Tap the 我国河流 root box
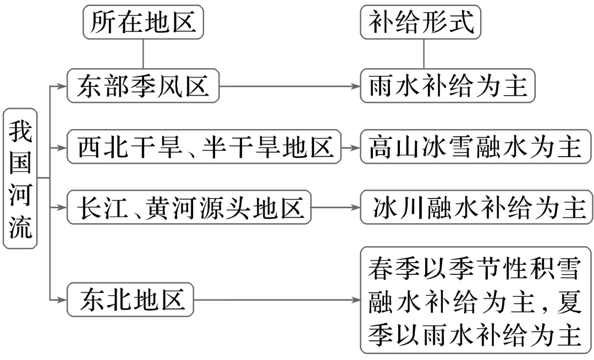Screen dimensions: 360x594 pos(20,178)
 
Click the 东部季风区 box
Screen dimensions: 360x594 pos(143,86)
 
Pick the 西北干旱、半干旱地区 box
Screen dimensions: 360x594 pos(204,147)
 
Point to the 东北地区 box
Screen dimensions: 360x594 pos(130,300)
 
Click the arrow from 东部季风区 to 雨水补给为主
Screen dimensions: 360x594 pos(289,86)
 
